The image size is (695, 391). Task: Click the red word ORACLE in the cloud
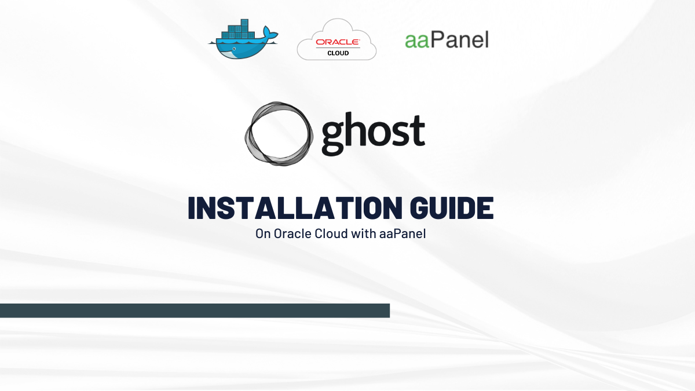(338, 42)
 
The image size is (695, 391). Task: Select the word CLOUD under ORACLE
(338, 53)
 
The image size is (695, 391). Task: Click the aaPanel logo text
(447, 39)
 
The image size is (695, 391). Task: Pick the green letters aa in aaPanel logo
(417, 41)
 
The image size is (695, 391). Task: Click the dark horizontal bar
(195, 310)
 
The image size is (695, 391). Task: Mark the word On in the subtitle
(262, 235)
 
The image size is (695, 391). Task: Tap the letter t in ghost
(417, 131)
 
